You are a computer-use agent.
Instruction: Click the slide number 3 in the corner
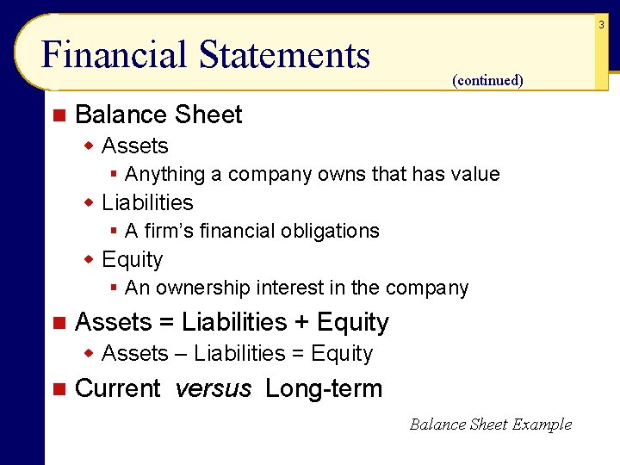click(x=602, y=26)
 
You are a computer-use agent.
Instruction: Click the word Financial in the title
click(x=115, y=55)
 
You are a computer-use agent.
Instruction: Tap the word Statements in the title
click(x=284, y=55)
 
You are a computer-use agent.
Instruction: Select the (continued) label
click(x=487, y=81)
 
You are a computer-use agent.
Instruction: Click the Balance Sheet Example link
click(x=490, y=424)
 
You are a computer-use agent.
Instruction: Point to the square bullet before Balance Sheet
click(x=58, y=115)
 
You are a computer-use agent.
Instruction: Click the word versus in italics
click(x=213, y=389)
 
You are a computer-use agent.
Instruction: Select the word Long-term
click(x=324, y=389)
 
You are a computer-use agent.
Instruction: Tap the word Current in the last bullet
click(x=118, y=389)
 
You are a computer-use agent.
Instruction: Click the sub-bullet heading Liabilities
click(x=147, y=203)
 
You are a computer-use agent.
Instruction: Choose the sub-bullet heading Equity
click(x=132, y=260)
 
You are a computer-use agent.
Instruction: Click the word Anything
click(x=165, y=175)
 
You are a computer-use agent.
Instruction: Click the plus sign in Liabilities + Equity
click(x=301, y=323)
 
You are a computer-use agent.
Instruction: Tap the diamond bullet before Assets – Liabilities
click(x=89, y=354)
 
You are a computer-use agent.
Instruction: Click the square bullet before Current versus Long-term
click(x=58, y=389)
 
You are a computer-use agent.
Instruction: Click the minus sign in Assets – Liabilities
click(x=182, y=354)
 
